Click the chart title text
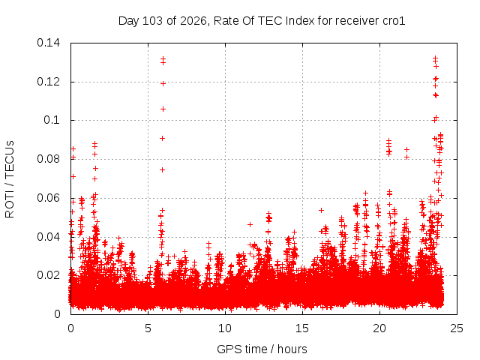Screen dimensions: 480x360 [262, 21]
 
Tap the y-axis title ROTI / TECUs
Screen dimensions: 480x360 [10, 179]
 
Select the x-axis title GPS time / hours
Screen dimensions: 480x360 [262, 349]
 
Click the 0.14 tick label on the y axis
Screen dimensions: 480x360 [48, 43]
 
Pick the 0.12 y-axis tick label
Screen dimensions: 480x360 [48, 82]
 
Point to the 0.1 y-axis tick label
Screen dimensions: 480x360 [52, 120]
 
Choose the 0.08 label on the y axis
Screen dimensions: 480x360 [48, 159]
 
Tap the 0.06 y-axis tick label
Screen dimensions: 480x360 [48, 198]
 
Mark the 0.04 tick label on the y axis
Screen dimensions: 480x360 [48, 237]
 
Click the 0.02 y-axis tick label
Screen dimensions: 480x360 [48, 275]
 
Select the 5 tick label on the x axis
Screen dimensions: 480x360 [148, 328]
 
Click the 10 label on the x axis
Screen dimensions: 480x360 [225, 328]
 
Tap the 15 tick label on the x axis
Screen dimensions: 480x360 [302, 328]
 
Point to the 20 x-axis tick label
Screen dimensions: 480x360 [379, 328]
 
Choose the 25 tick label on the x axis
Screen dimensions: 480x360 [457, 328]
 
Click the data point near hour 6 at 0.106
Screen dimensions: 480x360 [163, 109]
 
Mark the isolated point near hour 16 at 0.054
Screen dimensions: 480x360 [321, 210]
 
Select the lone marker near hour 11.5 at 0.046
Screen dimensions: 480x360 [250, 225]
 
